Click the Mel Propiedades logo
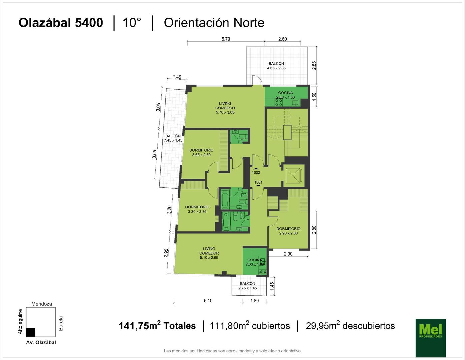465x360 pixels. pos(431,338)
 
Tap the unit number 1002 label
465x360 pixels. pos(256,173)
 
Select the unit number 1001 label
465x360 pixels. pos(258,182)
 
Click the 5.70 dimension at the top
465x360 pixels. pos(226,39)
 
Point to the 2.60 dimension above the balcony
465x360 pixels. pos(282,39)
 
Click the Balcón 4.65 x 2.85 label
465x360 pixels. pos(276,66)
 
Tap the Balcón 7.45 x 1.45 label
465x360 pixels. pos(173,138)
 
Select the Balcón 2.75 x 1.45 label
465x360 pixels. pos(248,286)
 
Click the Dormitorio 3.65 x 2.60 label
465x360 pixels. pos(201,152)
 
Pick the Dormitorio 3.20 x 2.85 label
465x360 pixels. pos(197,209)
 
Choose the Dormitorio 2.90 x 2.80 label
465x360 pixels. pos(288,231)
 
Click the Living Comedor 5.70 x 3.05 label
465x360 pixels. pos(225,108)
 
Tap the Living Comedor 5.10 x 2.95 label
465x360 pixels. pos(209,253)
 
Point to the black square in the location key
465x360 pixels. pos(30,332)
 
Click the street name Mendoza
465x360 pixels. pos(41,304)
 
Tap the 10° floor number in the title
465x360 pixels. pos(132,23)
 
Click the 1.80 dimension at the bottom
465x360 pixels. pos(255,301)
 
